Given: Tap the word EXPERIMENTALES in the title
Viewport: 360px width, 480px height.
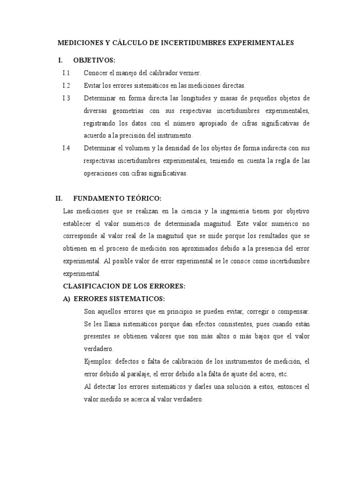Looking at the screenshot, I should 261,43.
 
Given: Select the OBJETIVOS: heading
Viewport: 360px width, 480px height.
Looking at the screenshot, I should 94,61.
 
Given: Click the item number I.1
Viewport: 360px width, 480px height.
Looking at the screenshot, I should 66,73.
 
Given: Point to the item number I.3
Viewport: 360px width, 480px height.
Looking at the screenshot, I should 66,98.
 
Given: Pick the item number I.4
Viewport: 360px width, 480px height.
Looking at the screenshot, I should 66,148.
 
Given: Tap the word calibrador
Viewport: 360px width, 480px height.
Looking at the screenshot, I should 162,73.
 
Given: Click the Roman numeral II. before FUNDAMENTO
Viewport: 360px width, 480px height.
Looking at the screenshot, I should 59,198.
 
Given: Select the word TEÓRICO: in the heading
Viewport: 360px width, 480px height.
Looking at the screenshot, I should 144,198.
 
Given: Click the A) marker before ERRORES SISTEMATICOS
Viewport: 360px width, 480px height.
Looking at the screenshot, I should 67,299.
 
